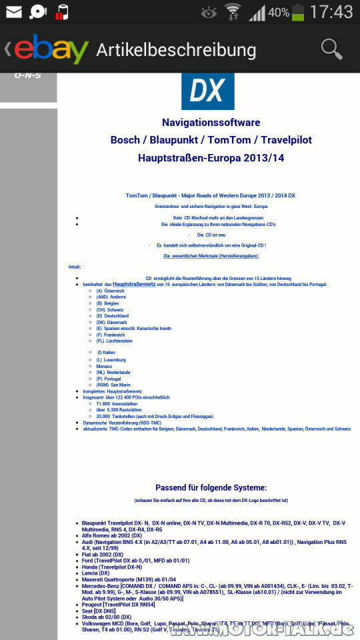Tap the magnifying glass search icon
(x=331, y=49)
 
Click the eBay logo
(x=50, y=49)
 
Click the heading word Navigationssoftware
(x=211, y=123)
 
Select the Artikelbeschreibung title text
(x=176, y=50)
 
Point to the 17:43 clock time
(x=331, y=12)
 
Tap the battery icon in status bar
(x=297, y=12)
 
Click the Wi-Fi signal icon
(x=233, y=12)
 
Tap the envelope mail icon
(x=13, y=12)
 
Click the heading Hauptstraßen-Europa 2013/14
(x=211, y=158)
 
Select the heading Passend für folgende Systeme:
(x=211, y=487)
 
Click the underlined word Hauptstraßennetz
(x=134, y=284)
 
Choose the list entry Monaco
(x=105, y=366)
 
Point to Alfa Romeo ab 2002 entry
(x=112, y=535)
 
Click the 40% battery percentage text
(x=279, y=13)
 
